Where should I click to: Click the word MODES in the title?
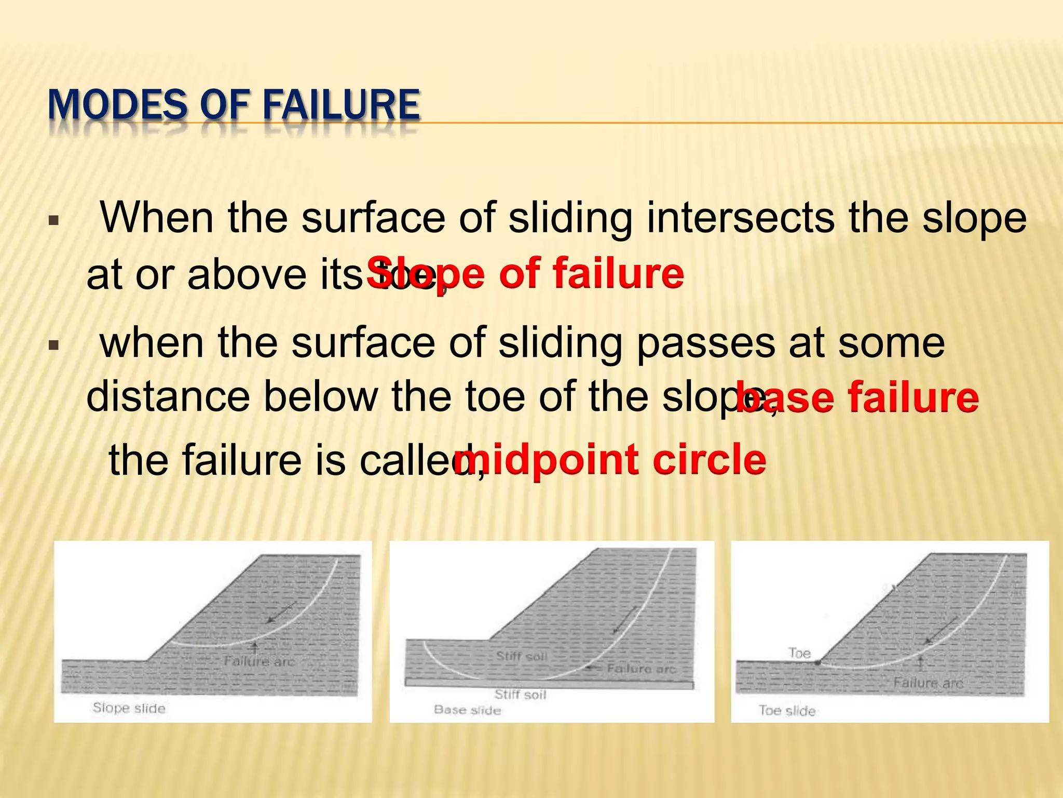pos(117,105)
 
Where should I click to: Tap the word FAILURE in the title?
pos(341,105)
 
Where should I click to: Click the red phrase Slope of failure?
pos(525,273)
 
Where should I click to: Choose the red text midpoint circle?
pos(610,460)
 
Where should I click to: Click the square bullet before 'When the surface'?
pos(53,220)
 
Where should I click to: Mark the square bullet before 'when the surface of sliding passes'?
pos(53,345)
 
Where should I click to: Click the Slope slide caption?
pos(129,708)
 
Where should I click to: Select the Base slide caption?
pos(467,710)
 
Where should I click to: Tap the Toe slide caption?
pos(787,711)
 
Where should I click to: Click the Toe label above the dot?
pos(799,653)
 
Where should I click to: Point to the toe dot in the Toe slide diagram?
pos(817,663)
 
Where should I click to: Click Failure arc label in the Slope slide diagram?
pos(259,662)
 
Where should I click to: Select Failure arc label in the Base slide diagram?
pos(641,669)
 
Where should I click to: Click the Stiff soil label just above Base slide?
pos(520,695)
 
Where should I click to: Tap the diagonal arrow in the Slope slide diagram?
pos(281,612)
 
